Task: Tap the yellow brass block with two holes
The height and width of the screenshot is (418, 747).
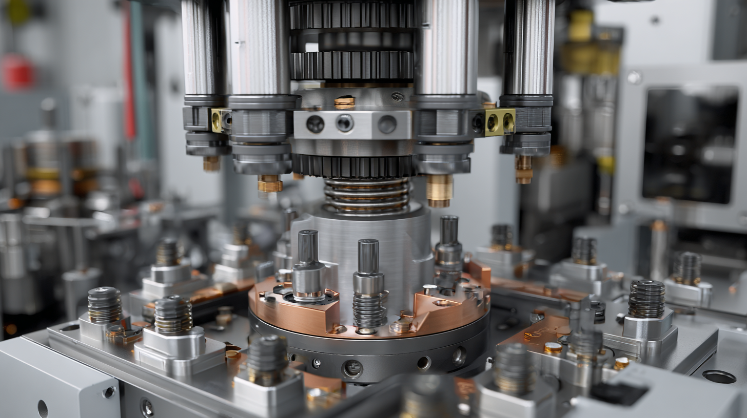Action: click(499, 122)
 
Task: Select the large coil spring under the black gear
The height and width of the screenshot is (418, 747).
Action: click(366, 195)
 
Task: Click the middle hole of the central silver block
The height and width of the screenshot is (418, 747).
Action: click(344, 123)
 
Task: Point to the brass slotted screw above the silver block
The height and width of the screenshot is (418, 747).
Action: click(344, 102)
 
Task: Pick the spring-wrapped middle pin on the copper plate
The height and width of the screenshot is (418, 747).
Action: click(369, 287)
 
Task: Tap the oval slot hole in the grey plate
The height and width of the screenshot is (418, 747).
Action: click(719, 377)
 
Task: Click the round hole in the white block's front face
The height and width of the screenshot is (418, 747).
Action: click(43, 408)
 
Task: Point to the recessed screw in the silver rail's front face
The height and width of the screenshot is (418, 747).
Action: click(147, 408)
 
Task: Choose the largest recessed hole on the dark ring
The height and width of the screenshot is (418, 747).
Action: click(352, 368)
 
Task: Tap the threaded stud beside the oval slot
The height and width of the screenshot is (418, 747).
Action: click(687, 268)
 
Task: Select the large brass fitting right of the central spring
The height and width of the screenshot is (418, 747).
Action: click(439, 191)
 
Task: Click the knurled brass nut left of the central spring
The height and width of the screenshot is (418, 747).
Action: click(270, 183)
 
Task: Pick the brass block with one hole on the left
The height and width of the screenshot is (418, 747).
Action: click(221, 120)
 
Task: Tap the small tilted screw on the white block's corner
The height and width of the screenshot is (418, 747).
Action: click(109, 392)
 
